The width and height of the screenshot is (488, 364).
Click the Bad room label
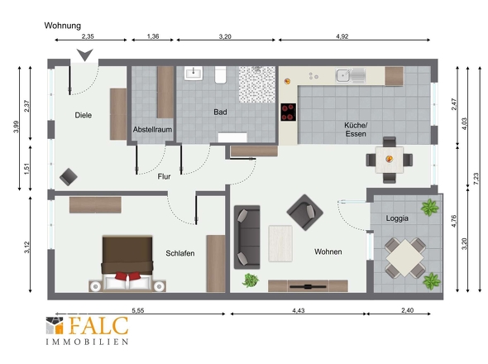tap(220, 113)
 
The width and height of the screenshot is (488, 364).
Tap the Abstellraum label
tap(152, 130)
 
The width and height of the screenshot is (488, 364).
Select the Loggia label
tap(397, 218)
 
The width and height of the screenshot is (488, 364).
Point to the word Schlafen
tap(179, 253)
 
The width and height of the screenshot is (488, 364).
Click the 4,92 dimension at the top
tap(342, 36)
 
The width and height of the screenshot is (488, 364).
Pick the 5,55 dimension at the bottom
tap(138, 310)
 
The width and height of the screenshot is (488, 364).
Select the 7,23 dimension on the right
tap(476, 179)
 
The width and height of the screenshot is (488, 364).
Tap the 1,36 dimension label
tap(153, 36)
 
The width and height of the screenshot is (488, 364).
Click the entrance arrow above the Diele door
tap(85, 55)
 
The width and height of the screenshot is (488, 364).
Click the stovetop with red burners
tap(289, 113)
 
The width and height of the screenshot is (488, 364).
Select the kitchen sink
tap(351, 75)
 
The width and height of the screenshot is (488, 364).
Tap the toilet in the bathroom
tap(220, 74)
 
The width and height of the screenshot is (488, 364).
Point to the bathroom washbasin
tap(194, 74)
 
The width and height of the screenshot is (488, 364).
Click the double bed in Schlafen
tap(127, 263)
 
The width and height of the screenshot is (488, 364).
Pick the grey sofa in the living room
tap(246, 237)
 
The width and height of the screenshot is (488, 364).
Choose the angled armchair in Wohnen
tap(304, 213)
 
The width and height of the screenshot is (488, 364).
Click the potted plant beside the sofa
tap(251, 280)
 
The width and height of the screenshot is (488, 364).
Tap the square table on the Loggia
tap(405, 257)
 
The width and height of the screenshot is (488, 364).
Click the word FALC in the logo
tap(98, 326)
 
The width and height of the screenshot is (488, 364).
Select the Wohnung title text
tap(63, 26)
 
